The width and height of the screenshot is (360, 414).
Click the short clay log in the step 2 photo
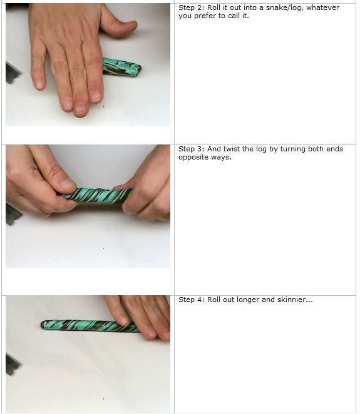123,67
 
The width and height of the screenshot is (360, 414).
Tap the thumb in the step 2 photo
119,25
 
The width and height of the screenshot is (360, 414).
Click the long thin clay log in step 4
88,326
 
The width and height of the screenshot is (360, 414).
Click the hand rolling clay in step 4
141,316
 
